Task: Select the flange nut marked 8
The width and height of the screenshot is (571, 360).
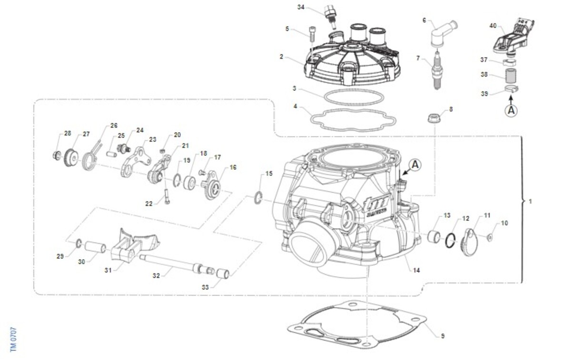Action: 434,117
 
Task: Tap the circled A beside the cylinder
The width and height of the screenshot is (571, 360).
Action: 415,165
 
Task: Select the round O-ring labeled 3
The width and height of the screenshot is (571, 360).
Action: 354,95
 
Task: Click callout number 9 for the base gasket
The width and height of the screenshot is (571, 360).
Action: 443,336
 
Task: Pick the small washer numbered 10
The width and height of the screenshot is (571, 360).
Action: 490,236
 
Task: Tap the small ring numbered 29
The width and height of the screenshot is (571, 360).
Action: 78,244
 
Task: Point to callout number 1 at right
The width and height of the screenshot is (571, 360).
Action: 531,202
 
